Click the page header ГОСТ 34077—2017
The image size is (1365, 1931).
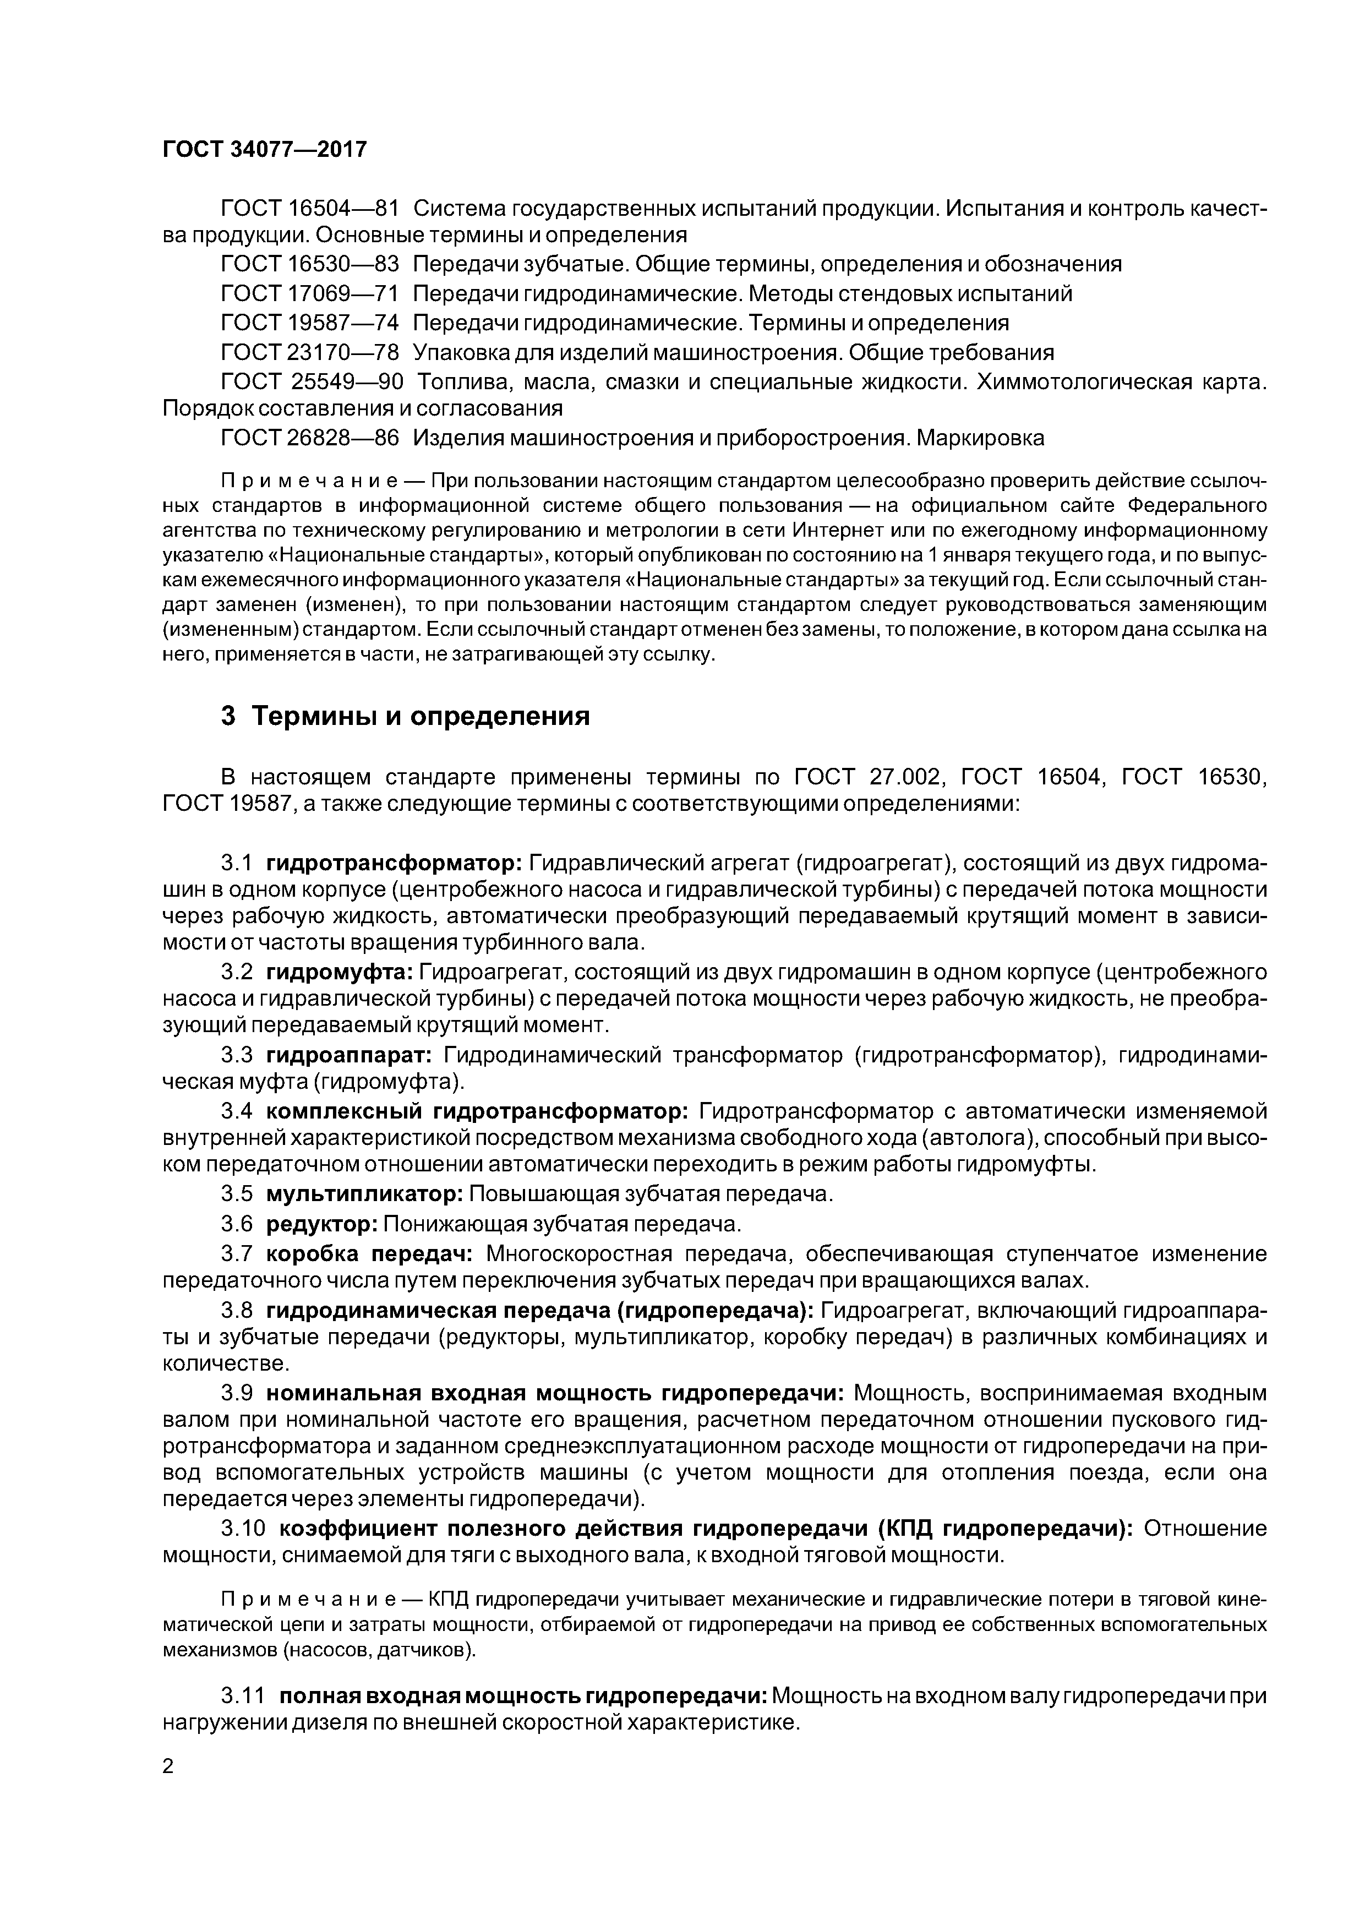(x=264, y=150)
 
